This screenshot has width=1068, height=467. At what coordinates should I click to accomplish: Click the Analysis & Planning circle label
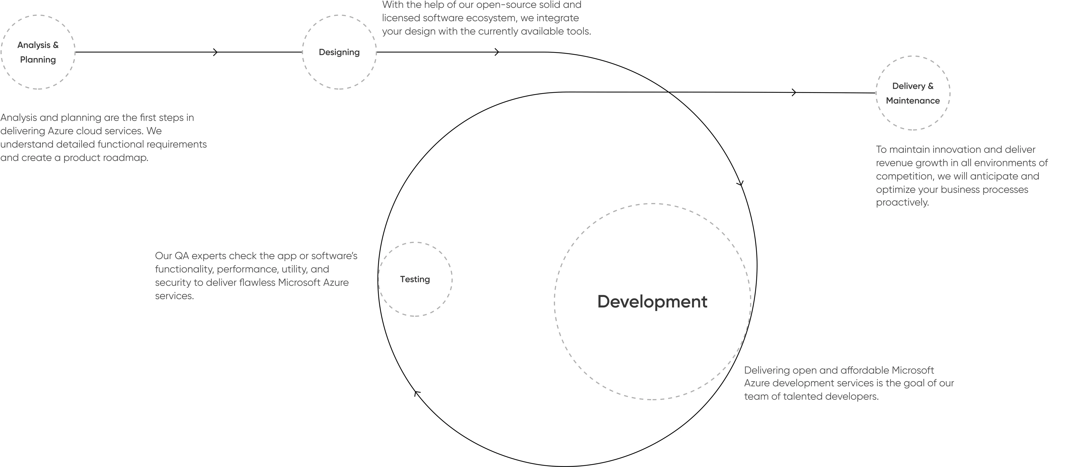click(x=38, y=52)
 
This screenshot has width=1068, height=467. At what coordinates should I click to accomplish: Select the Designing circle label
click(x=339, y=52)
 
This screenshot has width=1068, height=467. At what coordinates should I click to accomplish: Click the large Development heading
click(x=652, y=302)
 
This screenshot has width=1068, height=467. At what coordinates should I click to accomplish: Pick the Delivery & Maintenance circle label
click(x=913, y=93)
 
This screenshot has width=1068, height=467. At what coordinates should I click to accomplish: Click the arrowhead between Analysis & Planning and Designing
click(x=215, y=52)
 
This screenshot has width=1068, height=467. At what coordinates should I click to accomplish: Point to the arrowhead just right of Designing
click(x=497, y=52)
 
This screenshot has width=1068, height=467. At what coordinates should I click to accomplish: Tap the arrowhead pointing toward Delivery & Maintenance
click(x=794, y=92)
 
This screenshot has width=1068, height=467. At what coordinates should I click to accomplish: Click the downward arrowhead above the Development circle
click(x=740, y=184)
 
